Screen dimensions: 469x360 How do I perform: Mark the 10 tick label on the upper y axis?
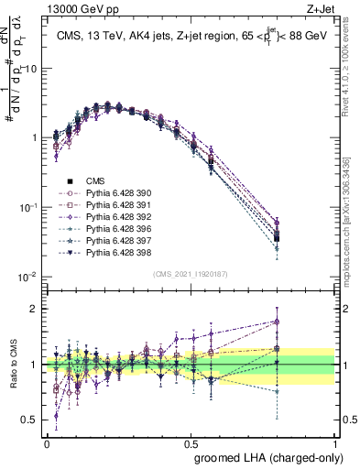tap(30, 68)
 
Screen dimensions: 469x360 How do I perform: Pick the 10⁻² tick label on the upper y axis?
tap(28, 277)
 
